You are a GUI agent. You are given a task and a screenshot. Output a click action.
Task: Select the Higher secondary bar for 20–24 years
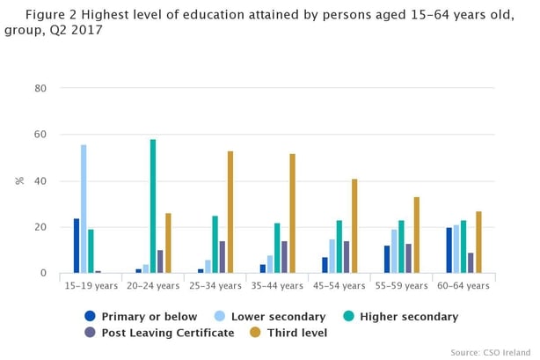153,207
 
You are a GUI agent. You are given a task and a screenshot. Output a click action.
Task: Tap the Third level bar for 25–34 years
230,212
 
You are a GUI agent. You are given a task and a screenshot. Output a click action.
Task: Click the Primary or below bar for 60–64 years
449,251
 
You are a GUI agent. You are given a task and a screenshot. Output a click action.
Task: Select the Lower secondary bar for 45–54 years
332,256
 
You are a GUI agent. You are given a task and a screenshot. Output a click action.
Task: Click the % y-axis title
19,180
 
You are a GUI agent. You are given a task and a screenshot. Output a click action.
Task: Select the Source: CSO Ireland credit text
490,352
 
